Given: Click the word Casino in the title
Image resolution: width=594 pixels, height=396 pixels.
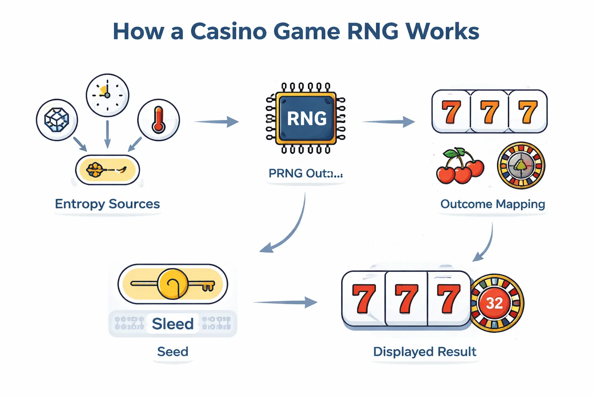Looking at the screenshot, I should pyautogui.click(x=228, y=31).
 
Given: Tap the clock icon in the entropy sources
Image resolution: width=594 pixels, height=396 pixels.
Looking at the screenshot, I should pyautogui.click(x=107, y=95).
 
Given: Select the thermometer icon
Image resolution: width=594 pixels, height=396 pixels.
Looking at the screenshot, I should pyautogui.click(x=159, y=119).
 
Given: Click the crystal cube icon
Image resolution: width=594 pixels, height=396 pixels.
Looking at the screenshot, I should pyautogui.click(x=57, y=119).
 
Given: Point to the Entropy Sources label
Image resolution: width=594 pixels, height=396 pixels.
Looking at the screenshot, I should pyautogui.click(x=107, y=204).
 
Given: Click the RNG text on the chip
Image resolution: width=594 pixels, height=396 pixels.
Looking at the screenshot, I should pyautogui.click(x=306, y=118).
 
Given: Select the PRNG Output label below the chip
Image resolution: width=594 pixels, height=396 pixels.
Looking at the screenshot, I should pyautogui.click(x=306, y=174).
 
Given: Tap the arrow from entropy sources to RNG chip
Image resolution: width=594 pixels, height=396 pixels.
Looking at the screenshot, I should pyautogui.click(x=217, y=122).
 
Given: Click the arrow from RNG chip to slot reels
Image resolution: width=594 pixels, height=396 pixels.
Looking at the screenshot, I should pyautogui.click(x=389, y=122).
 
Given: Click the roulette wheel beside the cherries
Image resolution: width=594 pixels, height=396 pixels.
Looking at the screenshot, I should pyautogui.click(x=521, y=165).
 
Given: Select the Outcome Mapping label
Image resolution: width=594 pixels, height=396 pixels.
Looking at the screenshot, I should pyautogui.click(x=492, y=204).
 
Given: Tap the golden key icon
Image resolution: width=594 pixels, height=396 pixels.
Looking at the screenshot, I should pyautogui.click(x=173, y=284).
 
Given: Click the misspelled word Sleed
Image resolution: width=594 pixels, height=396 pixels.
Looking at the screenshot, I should pyautogui.click(x=172, y=324).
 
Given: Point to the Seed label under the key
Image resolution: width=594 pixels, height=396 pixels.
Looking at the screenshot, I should pyautogui.click(x=172, y=352).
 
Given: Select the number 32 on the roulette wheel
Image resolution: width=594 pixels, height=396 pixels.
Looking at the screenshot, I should pyautogui.click(x=494, y=303).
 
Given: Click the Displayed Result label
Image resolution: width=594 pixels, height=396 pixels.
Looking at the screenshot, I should pyautogui.click(x=424, y=352).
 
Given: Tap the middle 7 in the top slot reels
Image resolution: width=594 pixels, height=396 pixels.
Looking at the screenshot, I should pyautogui.click(x=489, y=112).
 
